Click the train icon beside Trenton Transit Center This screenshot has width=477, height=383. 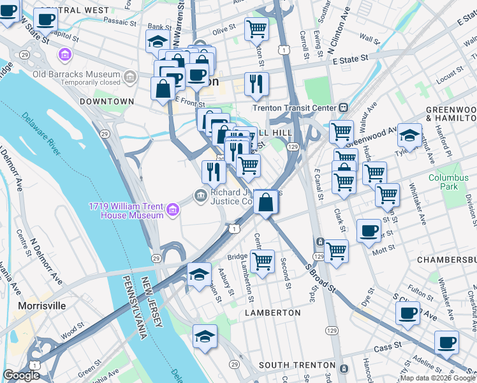[344, 107]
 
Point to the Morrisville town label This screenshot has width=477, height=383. [42, 306]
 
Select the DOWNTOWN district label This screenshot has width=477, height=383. [106, 101]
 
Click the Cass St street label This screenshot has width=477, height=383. [390, 349]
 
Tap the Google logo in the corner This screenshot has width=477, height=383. [21, 375]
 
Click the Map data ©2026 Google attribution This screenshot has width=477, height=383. [438, 378]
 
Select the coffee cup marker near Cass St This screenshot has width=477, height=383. [446, 342]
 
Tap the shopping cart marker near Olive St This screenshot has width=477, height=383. [256, 28]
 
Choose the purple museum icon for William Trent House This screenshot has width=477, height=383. [172, 209]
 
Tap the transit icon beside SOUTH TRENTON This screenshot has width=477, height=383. [344, 368]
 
